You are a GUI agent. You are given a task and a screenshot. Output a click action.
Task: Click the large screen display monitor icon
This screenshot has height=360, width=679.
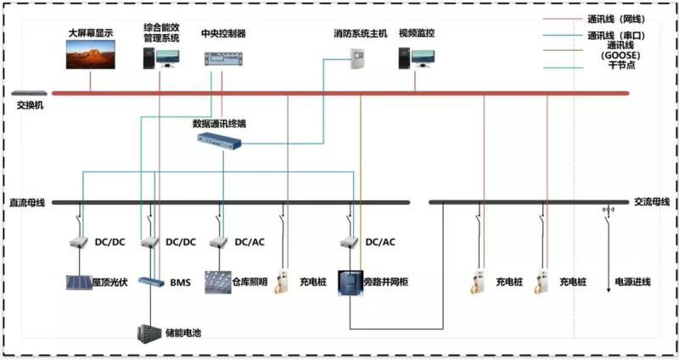click(x=90, y=54)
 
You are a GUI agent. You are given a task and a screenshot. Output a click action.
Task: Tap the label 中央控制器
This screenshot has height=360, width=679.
click(x=223, y=34)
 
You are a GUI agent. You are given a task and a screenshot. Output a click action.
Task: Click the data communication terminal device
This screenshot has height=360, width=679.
click(x=219, y=141)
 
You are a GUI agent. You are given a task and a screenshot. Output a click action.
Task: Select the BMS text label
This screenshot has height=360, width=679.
click(x=181, y=281)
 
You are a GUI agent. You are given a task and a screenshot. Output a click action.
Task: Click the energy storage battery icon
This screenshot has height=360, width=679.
click(x=149, y=332)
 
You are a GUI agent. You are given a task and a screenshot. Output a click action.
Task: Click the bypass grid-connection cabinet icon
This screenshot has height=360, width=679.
click(x=350, y=281)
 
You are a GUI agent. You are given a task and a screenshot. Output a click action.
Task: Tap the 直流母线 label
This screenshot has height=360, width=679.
click(x=26, y=202)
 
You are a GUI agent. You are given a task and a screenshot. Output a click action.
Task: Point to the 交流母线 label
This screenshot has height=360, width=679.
click(x=652, y=202)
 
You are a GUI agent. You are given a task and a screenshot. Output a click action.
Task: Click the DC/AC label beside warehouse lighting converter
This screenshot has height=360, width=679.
click(x=250, y=242)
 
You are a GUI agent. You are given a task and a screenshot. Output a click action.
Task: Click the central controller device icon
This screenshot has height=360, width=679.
click(x=222, y=58)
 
